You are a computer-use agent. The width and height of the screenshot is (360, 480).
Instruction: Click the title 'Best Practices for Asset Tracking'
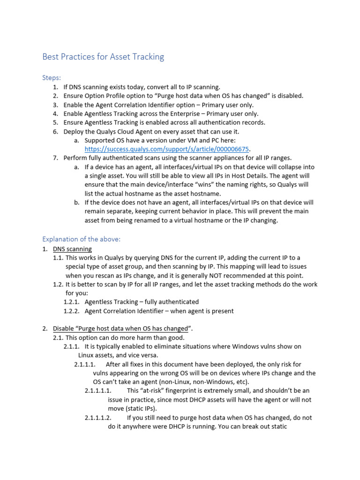103,57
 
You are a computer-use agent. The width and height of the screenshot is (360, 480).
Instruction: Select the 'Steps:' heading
52,77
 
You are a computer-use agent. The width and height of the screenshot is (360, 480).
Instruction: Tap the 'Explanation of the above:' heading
82,239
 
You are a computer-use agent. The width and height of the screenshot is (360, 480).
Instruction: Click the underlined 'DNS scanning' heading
72,249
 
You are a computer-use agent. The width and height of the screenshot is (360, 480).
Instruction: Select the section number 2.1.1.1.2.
97,418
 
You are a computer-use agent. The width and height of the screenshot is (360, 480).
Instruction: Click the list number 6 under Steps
55,131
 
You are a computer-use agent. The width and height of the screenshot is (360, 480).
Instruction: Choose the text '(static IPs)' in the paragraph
143,409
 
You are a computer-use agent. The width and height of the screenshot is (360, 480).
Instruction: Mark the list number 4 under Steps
55,113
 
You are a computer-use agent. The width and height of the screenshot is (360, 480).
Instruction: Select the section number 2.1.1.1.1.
97,390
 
